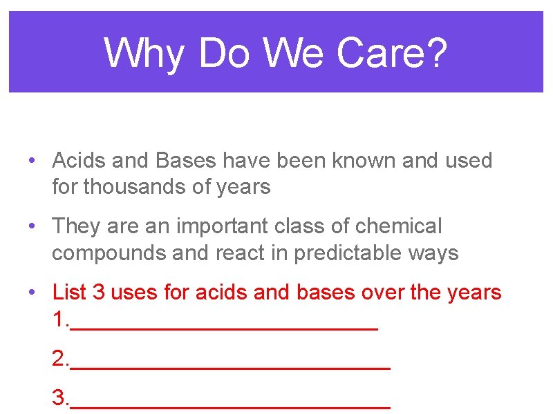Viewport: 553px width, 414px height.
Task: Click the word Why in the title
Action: pyautogui.click(x=144, y=53)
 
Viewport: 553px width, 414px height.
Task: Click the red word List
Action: pyautogui.click(x=69, y=292)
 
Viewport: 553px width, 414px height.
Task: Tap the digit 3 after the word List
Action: pyautogui.click(x=98, y=292)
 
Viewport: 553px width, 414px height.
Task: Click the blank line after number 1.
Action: pyautogui.click(x=224, y=327)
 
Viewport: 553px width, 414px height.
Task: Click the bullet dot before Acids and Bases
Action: pyautogui.click(x=32, y=161)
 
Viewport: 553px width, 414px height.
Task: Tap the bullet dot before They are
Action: pyautogui.click(x=32, y=226)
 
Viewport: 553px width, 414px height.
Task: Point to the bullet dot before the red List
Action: pyautogui.click(x=32, y=293)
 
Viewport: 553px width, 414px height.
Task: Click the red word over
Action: pyautogui.click(x=384, y=292)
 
